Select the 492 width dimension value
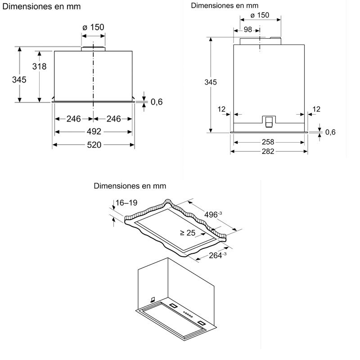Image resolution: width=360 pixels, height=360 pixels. pos(94,132)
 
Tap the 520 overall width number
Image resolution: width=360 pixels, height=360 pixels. pos(94,145)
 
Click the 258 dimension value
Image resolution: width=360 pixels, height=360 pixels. pos(268,142)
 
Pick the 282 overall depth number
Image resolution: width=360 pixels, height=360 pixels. pos(268,152)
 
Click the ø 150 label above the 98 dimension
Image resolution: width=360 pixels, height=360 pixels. pos(259,15)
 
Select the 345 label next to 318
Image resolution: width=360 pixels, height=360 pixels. pos(19,80)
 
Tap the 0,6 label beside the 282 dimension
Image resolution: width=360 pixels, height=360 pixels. pos(330,132)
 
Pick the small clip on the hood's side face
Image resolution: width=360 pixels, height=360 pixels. pos(153,299)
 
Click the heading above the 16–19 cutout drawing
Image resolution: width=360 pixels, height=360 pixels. pos(130,186)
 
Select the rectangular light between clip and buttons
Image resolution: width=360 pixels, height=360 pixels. pos(174,306)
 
